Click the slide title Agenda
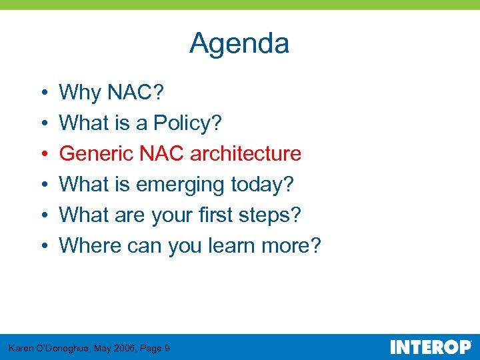coord(239,44)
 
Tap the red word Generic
coord(97,153)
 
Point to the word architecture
coord(245,153)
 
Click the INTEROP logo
coord(430,347)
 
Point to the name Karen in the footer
coord(21,348)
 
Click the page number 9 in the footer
coord(167,348)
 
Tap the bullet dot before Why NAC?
coord(41,93)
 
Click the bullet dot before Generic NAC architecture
coord(41,154)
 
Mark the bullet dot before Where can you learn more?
coord(41,246)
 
